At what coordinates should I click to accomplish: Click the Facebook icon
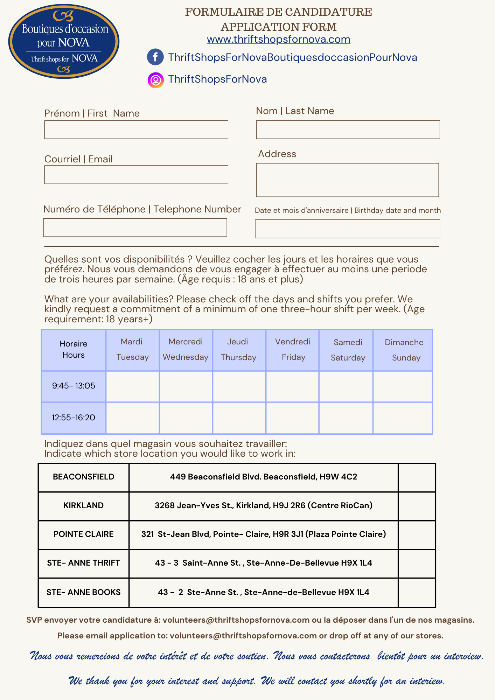click(x=155, y=57)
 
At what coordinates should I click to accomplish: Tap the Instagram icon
click(x=155, y=80)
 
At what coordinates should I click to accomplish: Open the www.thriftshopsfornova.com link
click(x=278, y=39)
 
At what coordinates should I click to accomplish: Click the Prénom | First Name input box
click(x=136, y=130)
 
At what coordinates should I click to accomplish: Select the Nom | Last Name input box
click(x=348, y=130)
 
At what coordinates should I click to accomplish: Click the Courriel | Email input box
click(x=136, y=175)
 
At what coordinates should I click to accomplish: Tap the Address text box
click(x=347, y=180)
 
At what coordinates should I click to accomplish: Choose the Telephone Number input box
click(x=135, y=227)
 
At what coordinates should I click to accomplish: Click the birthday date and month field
click(x=347, y=229)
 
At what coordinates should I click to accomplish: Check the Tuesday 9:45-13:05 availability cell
click(x=133, y=386)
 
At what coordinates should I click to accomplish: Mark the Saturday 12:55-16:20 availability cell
click(x=346, y=418)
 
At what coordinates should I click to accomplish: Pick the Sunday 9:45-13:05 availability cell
click(x=403, y=386)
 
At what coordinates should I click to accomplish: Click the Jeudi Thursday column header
click(x=239, y=350)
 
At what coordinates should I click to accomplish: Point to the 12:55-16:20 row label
click(x=74, y=418)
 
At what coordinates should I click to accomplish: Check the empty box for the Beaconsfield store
click(x=417, y=477)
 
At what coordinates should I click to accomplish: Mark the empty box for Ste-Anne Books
click(x=417, y=593)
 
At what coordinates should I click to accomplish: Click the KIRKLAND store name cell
click(x=84, y=506)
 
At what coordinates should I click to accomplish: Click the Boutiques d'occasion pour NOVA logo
click(x=64, y=41)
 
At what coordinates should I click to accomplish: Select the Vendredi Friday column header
click(x=293, y=350)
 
